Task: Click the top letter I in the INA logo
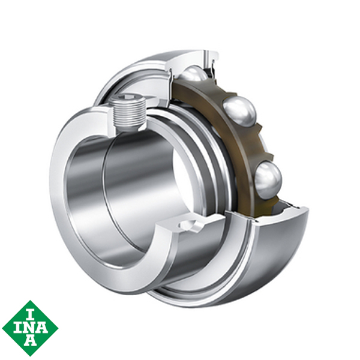coord(30,311)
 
